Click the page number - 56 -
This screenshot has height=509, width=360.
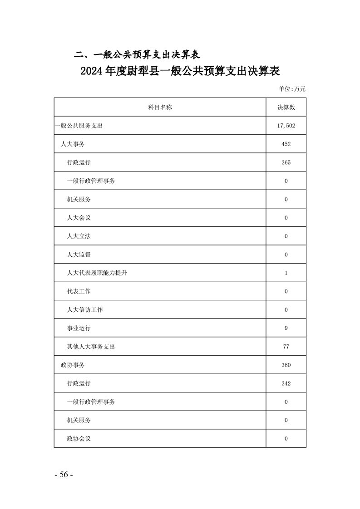click(x=64, y=475)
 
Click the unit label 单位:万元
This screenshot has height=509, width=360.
click(x=292, y=88)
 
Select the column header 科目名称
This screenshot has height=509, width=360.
click(x=160, y=107)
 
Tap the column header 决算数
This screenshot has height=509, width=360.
click(x=286, y=107)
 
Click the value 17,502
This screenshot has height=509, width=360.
click(x=286, y=126)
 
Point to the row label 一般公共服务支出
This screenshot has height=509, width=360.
click(x=79, y=126)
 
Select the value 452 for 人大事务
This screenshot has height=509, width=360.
click(x=286, y=144)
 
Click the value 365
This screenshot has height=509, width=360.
click(x=286, y=162)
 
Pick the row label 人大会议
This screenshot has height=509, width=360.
click(x=79, y=218)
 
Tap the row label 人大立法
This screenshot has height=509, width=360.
click(x=79, y=236)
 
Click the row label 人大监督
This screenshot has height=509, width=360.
click(x=79, y=254)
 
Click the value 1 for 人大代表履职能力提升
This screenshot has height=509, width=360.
click(x=286, y=273)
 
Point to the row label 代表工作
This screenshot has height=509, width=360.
click(x=79, y=291)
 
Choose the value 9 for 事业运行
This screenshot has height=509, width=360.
click(x=286, y=328)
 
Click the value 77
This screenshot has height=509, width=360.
click(x=286, y=347)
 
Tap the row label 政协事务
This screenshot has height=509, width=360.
click(x=73, y=365)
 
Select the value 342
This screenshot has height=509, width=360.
click(x=286, y=383)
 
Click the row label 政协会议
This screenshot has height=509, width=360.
click(x=79, y=439)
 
